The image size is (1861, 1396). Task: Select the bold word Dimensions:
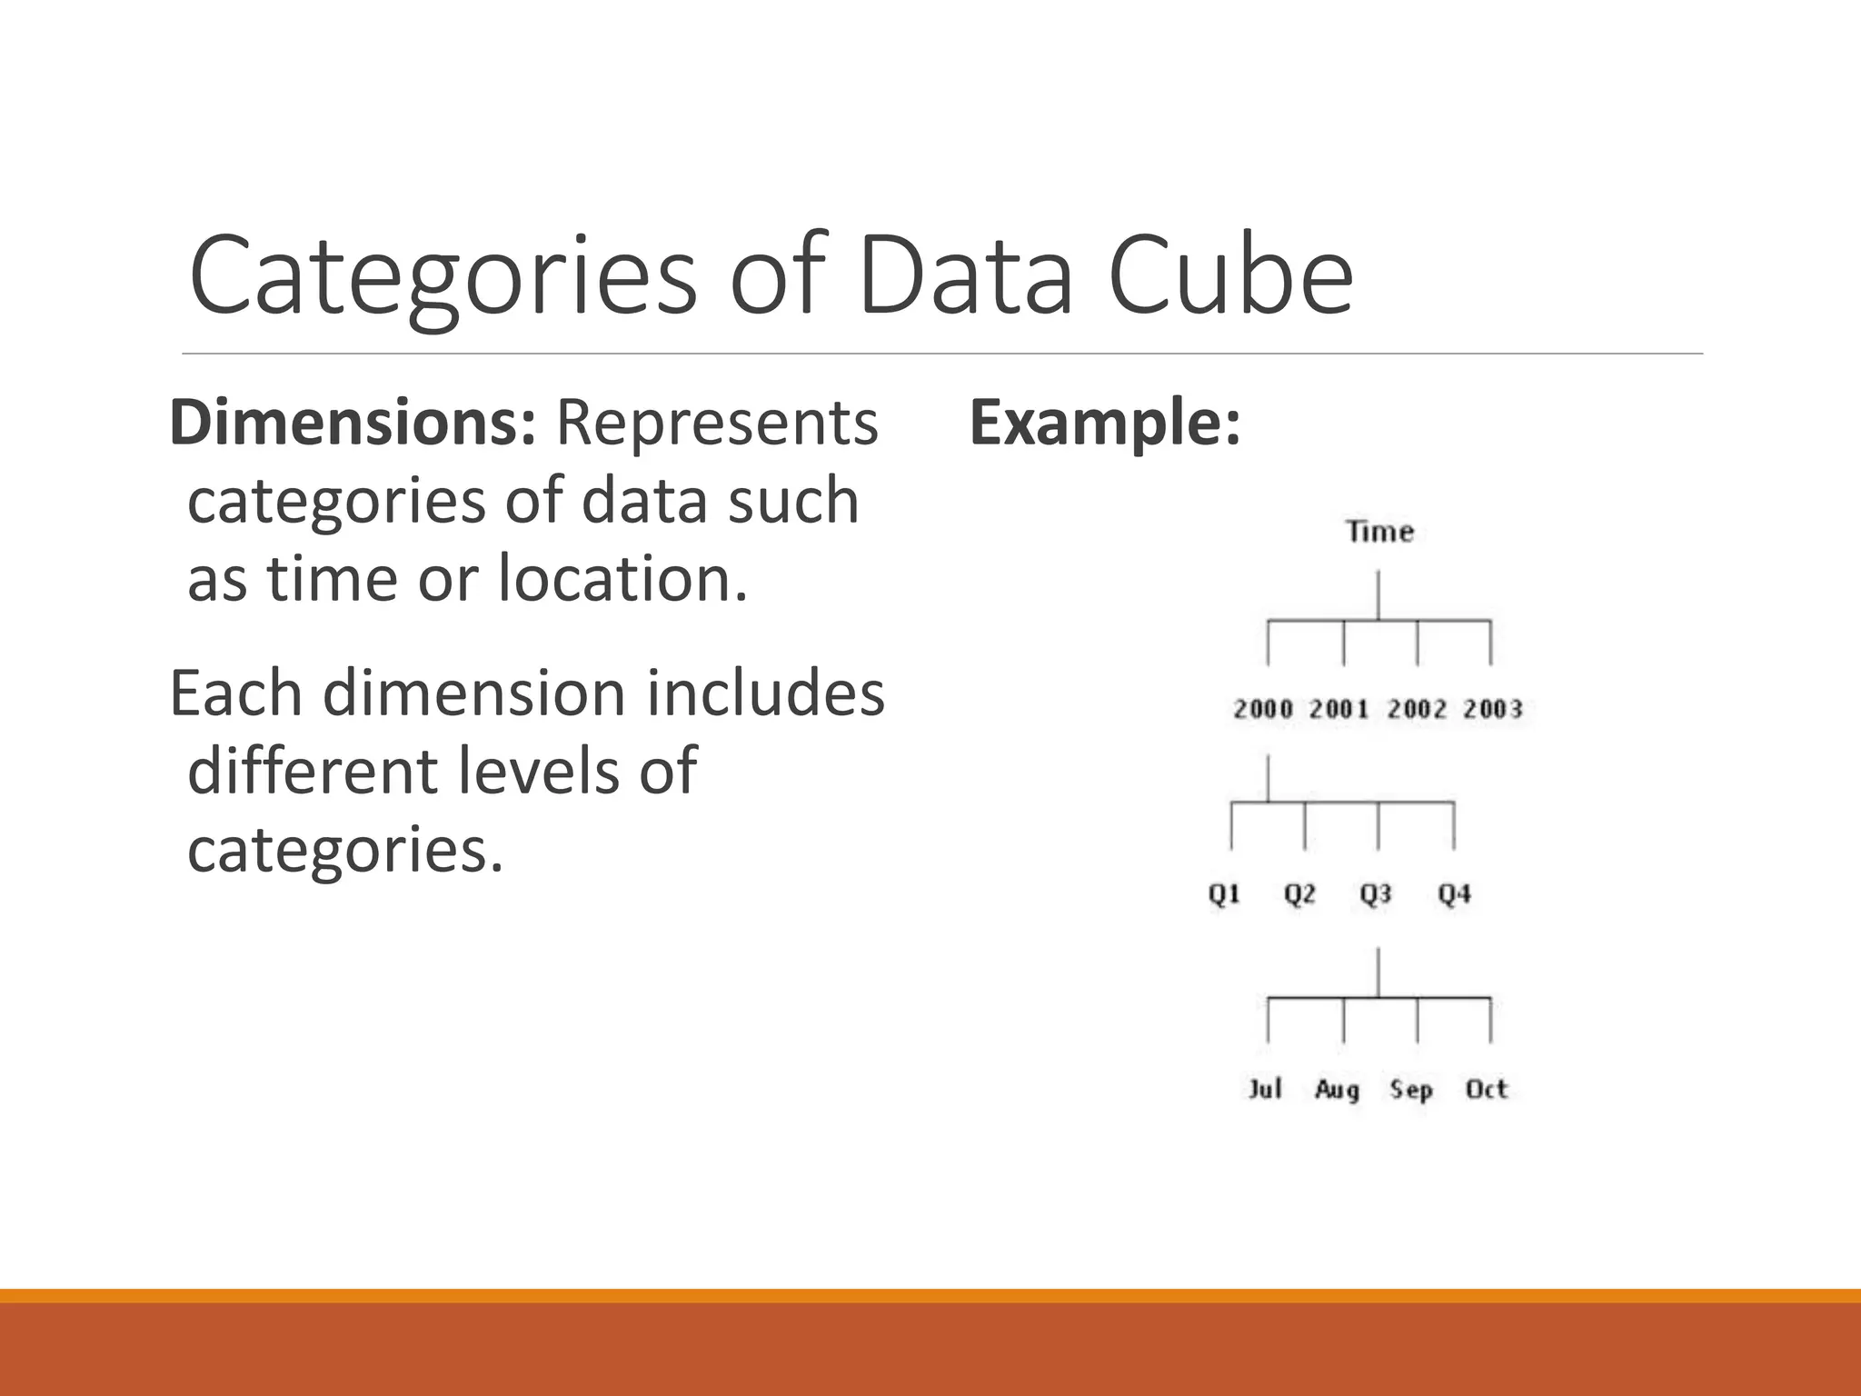pyautogui.click(x=353, y=424)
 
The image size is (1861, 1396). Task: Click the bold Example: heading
pyautogui.click(x=1105, y=424)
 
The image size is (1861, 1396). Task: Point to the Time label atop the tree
pyautogui.click(x=1379, y=532)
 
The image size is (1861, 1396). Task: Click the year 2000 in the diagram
pyautogui.click(x=1262, y=709)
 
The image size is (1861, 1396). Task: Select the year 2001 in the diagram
pyautogui.click(x=1339, y=709)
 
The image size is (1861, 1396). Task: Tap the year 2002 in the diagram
pyautogui.click(x=1416, y=709)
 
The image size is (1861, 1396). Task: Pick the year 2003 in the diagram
pyautogui.click(x=1492, y=709)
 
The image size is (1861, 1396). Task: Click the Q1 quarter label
pyautogui.click(x=1224, y=895)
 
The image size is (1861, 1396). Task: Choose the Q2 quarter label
pyautogui.click(x=1299, y=895)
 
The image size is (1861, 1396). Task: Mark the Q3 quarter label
pyautogui.click(x=1376, y=895)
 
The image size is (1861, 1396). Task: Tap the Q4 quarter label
pyautogui.click(x=1454, y=895)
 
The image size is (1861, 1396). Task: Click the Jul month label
pyautogui.click(x=1265, y=1089)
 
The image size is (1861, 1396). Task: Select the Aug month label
pyautogui.click(x=1337, y=1090)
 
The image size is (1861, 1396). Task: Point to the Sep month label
pyautogui.click(x=1411, y=1090)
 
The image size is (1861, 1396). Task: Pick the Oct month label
pyautogui.click(x=1487, y=1089)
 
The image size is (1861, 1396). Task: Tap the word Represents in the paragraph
pyautogui.click(x=717, y=424)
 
